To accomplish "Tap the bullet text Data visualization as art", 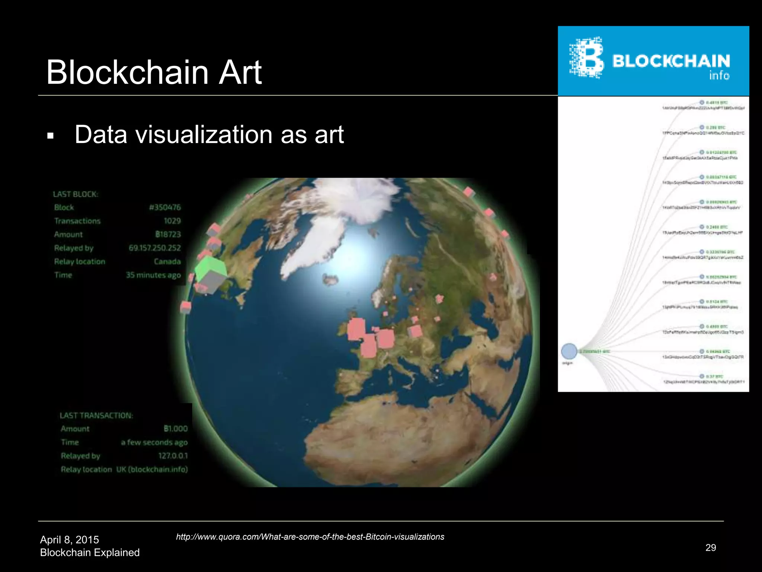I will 209,134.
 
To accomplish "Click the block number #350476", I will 165,207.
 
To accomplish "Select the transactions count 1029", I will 172,221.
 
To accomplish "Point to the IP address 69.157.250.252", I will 155,248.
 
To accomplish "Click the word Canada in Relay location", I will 167,261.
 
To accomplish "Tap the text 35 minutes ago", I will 153,275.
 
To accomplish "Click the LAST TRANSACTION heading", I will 96,416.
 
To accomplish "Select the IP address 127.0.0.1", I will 173,456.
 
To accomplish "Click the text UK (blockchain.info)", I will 152,469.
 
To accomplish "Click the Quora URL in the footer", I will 310,537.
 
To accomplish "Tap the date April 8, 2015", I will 70,540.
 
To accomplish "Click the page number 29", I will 711,547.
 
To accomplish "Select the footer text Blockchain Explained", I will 90,553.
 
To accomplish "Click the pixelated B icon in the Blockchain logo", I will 587,58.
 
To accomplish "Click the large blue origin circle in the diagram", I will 569,351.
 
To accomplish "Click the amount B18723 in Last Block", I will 168,234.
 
